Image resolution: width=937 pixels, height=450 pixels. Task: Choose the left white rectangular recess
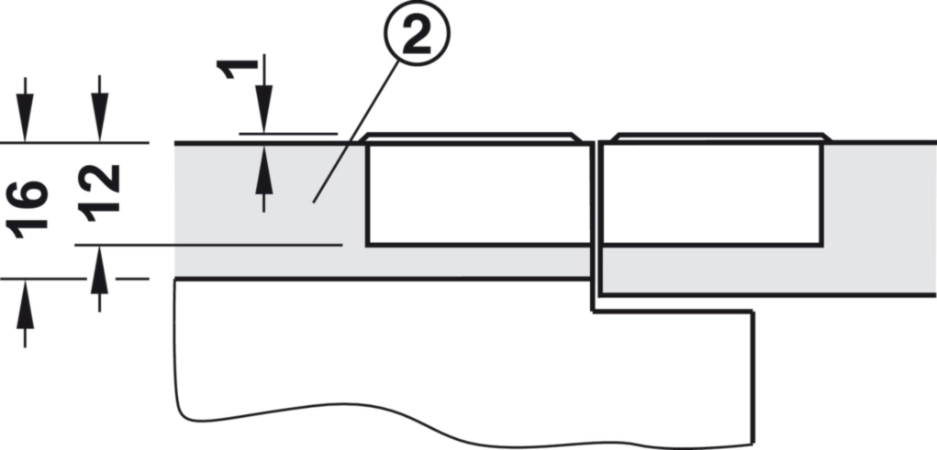pyautogui.click(x=477, y=193)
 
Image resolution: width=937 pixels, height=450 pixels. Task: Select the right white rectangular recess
pyautogui.click(x=711, y=193)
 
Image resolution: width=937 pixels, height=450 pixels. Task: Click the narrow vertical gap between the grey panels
pyautogui.click(x=596, y=220)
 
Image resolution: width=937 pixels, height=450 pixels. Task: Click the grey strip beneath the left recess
pyautogui.click(x=477, y=262)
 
